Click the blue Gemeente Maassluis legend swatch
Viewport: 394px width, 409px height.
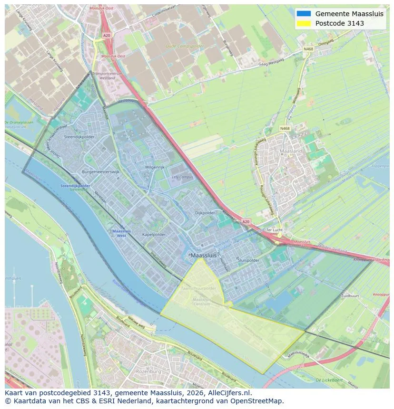tap(303, 14)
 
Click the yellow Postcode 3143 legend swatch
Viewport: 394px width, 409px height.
tap(303, 23)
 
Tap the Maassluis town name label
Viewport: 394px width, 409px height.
tap(203, 256)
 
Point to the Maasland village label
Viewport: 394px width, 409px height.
tap(291, 151)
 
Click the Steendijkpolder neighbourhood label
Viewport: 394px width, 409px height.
tap(79, 137)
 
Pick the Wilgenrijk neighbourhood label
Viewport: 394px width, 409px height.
tap(155, 168)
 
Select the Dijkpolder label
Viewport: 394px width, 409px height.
tap(205, 213)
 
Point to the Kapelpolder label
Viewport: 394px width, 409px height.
tap(154, 235)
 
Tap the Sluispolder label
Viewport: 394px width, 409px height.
tap(248, 260)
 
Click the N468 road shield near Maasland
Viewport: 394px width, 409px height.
tap(285, 128)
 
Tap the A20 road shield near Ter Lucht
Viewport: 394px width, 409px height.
tap(246, 221)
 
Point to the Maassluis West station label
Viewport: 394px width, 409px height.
tap(119, 233)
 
